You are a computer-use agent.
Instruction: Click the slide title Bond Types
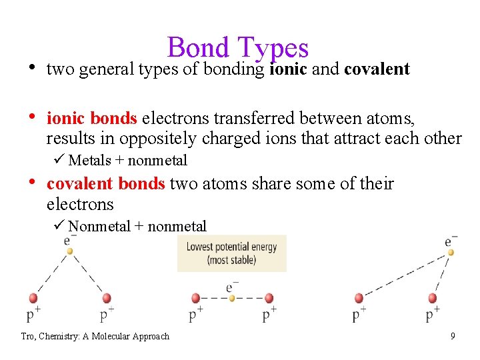click(x=238, y=47)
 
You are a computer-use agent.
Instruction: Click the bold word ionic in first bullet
click(x=288, y=69)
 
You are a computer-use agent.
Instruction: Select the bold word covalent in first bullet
click(x=377, y=69)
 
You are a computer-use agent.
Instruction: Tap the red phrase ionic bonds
click(x=92, y=119)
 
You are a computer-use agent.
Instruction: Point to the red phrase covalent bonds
click(x=105, y=184)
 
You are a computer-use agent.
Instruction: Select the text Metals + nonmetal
click(x=127, y=160)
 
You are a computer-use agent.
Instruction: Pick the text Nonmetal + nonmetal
click(x=137, y=227)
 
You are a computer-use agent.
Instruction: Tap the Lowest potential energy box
click(x=231, y=253)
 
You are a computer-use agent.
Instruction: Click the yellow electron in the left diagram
click(x=70, y=251)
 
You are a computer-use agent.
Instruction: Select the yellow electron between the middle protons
click(x=232, y=298)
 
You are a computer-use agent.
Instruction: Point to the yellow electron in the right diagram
click(x=451, y=252)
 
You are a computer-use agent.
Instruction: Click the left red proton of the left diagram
click(x=33, y=298)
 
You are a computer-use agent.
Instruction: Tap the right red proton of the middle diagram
click(x=269, y=298)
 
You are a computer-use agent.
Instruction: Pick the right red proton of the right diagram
click(x=433, y=298)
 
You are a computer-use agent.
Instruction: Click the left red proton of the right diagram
click(x=359, y=298)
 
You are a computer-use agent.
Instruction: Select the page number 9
click(x=453, y=336)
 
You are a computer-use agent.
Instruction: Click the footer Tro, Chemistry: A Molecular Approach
click(x=95, y=336)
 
